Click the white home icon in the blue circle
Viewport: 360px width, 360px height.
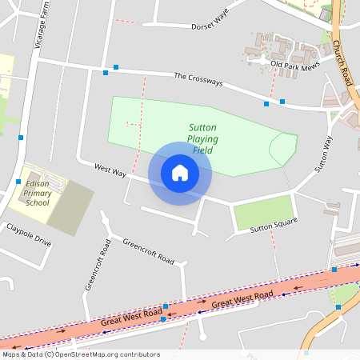(x=180, y=173)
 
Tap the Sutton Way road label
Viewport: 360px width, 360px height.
(x=322, y=154)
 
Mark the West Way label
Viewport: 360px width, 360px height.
(x=110, y=170)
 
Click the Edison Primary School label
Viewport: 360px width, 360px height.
(x=38, y=193)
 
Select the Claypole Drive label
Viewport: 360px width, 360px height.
(x=29, y=235)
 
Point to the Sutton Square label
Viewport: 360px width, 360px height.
(x=274, y=226)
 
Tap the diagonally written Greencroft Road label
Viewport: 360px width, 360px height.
(x=148, y=250)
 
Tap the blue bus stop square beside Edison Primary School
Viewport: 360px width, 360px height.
(x=18, y=182)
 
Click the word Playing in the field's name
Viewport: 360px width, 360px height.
(x=202, y=139)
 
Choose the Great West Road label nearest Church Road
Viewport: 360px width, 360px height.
(x=242, y=300)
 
